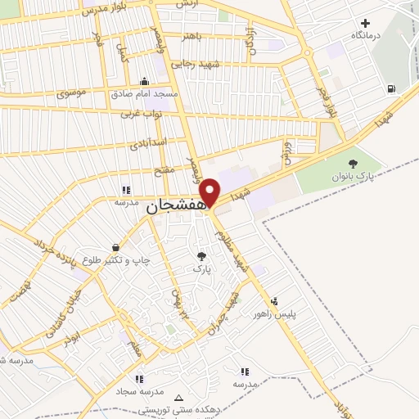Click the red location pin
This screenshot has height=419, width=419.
tap(210, 191)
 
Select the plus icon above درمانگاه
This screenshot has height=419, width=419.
tap(365, 24)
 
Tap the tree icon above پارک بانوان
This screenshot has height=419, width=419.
tap(353, 164)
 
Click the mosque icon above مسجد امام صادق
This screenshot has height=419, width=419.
tap(145, 81)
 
